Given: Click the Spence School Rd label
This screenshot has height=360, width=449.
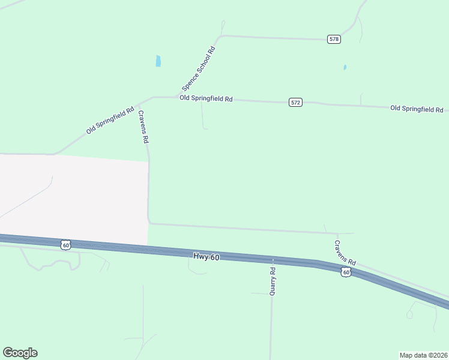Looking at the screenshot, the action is (199, 65).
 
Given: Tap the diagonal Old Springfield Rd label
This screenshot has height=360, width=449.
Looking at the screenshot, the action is (110, 121).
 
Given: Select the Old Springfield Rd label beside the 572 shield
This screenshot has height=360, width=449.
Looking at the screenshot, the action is (206, 98).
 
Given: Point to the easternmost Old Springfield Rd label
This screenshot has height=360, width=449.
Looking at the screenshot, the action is (416, 109).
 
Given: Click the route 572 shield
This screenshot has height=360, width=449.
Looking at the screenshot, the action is (295, 103).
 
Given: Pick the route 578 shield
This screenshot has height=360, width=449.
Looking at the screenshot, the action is (334, 39).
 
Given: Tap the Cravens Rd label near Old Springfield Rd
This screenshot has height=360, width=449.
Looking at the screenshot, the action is (143, 126).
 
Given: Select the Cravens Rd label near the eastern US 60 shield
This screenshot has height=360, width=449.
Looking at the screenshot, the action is (345, 253).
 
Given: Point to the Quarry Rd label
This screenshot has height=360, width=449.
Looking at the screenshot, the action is (273, 280).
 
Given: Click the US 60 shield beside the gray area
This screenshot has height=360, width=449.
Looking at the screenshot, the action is (66, 245).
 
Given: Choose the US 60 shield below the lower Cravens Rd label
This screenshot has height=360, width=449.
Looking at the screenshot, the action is (345, 272).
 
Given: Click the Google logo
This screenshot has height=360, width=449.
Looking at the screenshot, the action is (20, 353).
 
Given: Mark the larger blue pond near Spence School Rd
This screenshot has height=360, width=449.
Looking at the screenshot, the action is (158, 61).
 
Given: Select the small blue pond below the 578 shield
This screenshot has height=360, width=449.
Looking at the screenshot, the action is (345, 67).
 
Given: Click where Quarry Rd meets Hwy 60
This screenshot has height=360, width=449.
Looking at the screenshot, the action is (273, 260).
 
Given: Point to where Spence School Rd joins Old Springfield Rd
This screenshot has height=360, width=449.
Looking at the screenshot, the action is (179, 97).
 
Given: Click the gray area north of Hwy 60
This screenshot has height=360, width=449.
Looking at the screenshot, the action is (72, 198).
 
